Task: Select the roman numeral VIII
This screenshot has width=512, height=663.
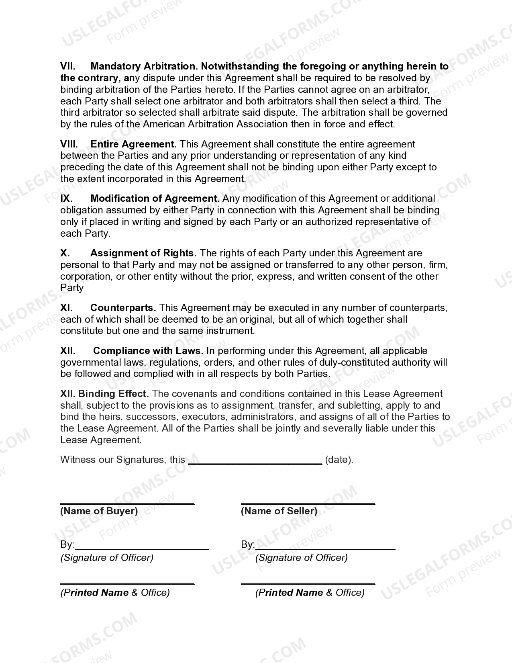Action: coord(69,144)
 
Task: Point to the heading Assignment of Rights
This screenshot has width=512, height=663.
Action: coord(143,253)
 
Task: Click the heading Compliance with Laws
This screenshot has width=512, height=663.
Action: coord(148,350)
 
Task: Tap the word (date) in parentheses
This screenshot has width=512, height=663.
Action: coord(339,459)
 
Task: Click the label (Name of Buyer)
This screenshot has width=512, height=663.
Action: coord(99,511)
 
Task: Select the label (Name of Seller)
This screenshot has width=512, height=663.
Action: coord(279,511)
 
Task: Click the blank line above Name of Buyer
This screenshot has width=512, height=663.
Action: coord(127,503)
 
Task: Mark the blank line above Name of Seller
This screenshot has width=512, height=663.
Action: coord(308,503)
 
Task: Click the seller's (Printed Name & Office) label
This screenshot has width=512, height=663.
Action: coord(310,592)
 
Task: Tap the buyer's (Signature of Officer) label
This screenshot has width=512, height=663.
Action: coord(107,557)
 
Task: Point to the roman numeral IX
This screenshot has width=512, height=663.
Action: coord(66,198)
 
